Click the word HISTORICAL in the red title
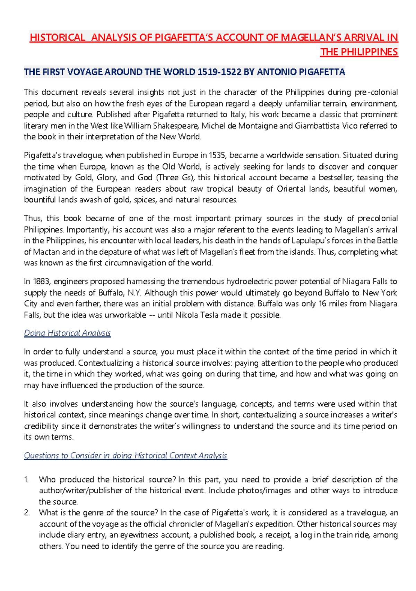point(57,37)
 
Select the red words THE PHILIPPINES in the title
point(359,52)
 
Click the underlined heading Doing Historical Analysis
point(67,333)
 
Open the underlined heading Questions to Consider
point(125,455)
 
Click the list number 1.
point(27,480)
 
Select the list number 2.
point(27,513)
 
